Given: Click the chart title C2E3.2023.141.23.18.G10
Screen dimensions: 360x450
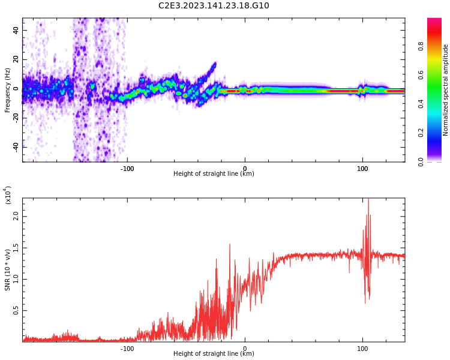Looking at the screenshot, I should coord(214,6).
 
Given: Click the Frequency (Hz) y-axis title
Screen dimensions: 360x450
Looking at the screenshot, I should coord(8,90).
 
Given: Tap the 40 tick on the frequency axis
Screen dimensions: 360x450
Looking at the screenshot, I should coord(16,30).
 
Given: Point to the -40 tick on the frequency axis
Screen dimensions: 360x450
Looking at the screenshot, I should coord(14,147).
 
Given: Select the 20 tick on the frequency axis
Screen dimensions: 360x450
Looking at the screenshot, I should coord(16,59).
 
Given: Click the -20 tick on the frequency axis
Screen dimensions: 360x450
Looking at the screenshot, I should coord(14,118).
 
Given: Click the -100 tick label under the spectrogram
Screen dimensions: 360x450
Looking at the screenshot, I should coord(127,169).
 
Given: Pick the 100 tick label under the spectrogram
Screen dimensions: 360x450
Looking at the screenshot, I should coord(362,169).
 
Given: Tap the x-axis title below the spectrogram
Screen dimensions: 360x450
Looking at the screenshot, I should coord(214,174).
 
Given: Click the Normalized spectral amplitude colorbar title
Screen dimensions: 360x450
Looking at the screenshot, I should coord(446,90).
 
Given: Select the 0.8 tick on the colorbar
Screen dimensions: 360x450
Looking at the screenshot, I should coord(438,46).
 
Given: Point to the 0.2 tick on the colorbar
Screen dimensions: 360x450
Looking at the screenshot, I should coord(438,133).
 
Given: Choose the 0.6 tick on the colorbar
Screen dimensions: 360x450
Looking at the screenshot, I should coord(438,74).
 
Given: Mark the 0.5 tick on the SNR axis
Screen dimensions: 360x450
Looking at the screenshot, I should coord(16,310).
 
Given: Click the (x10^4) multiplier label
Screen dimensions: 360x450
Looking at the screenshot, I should coord(8,195).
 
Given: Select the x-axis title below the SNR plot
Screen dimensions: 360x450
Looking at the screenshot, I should coord(214,354).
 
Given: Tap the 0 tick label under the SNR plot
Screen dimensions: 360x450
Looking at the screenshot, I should coord(245,349).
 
